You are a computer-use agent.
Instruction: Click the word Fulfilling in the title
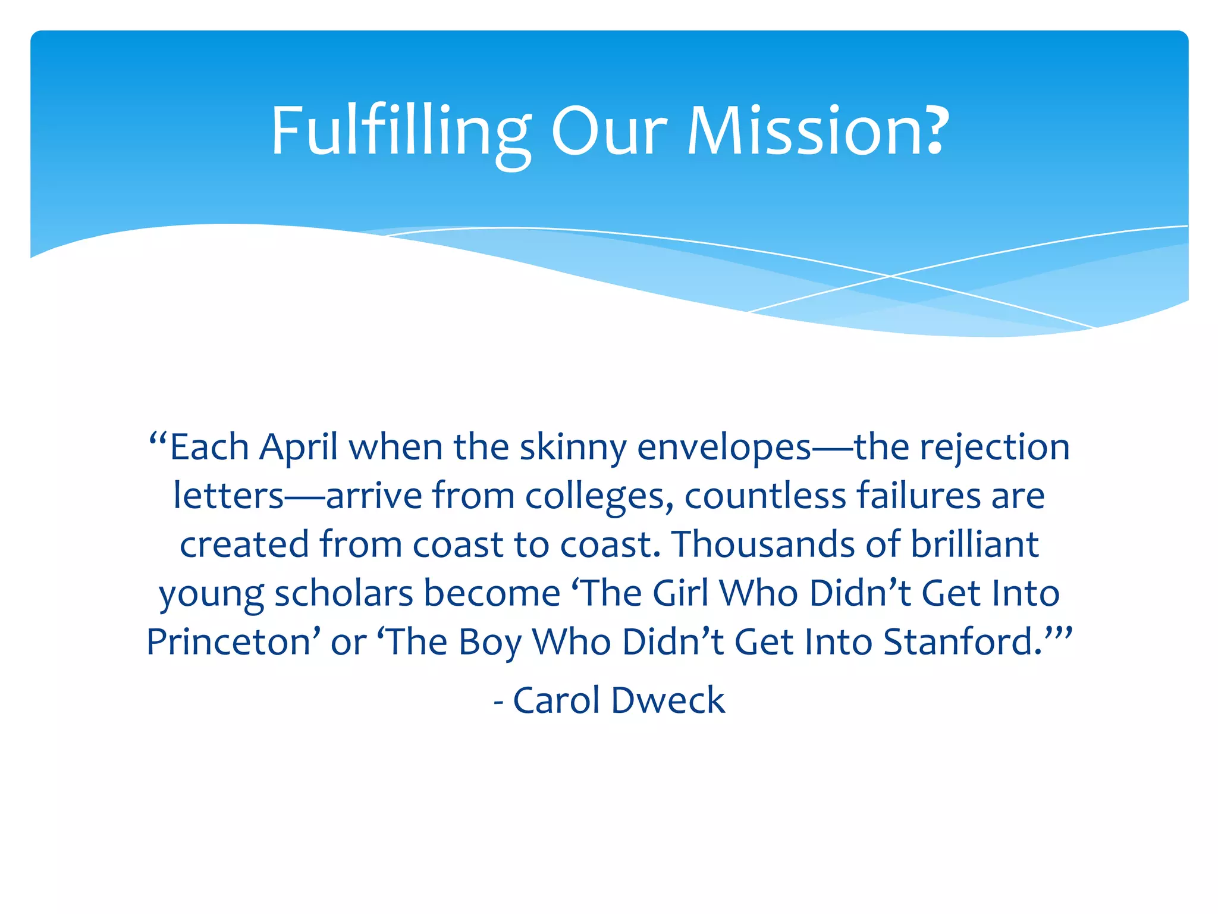[400, 132]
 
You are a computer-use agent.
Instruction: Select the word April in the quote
[299, 447]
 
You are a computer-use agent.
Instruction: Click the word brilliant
[975, 545]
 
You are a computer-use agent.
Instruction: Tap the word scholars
[343, 594]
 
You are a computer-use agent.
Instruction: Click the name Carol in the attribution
[556, 701]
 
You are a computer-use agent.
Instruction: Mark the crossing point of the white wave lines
[890, 276]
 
